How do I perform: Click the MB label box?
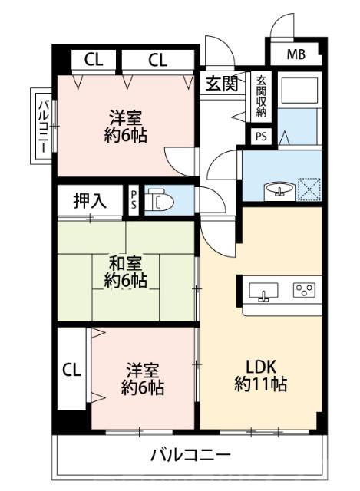pos(296,54)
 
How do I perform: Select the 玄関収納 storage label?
pos(262,97)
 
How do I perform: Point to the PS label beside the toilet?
pos(133,201)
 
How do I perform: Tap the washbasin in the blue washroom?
pos(276,190)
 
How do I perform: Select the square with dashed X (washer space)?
pos(309,189)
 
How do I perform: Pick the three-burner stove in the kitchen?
pos(304,291)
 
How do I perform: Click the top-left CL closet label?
pos(94,61)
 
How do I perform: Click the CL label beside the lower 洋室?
pos(71,371)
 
